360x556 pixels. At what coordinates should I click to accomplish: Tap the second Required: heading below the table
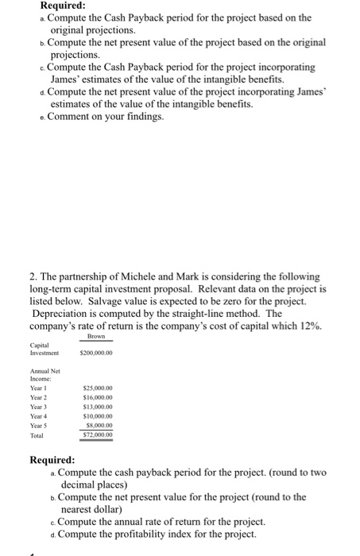point(52,459)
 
